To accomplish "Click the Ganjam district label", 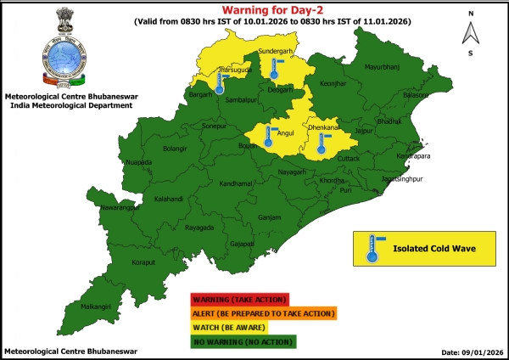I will point(269,217).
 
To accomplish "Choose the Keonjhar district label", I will point(334,82).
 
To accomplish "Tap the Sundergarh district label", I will point(274,51).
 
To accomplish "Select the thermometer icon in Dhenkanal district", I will point(321,143).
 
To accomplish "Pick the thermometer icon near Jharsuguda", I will point(220,82).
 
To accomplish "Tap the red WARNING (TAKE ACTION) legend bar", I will point(240,299).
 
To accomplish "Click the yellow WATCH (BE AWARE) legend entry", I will point(240,327).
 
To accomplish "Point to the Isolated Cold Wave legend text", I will point(433,249).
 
